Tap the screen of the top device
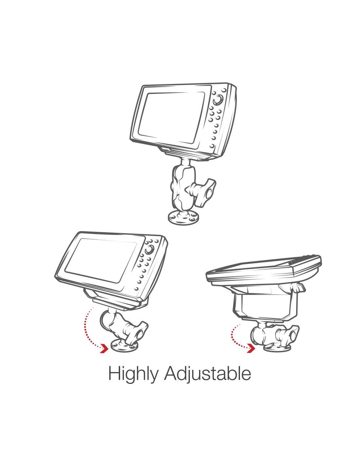click(x=171, y=117)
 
